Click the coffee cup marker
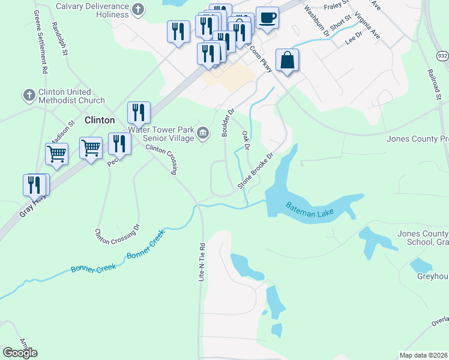tap(267, 17)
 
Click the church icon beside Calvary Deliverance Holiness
tap(138, 9)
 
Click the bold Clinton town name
tap(100, 120)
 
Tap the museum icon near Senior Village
tap(203, 133)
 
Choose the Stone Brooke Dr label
tap(256, 170)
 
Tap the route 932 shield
tap(442, 55)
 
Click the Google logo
tap(20, 352)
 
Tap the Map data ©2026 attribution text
tap(423, 355)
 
